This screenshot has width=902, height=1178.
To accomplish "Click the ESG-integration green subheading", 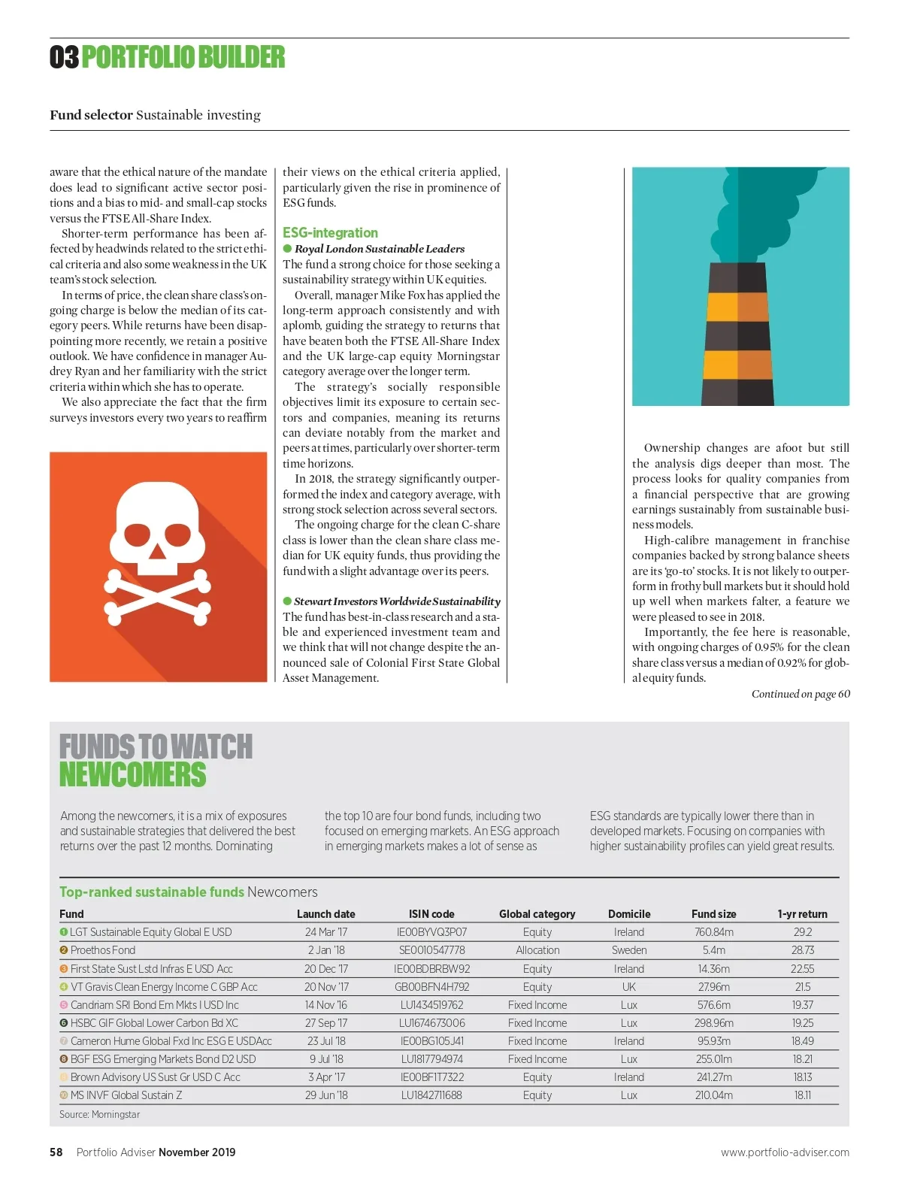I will (x=330, y=233).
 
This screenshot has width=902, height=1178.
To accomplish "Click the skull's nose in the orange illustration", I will (x=157, y=551).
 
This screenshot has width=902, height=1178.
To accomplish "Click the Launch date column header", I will (x=325, y=914).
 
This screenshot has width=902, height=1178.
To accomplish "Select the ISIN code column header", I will (x=431, y=914).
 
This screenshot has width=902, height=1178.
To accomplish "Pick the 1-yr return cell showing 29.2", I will (x=802, y=932).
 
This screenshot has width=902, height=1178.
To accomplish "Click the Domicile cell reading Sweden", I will (x=629, y=950).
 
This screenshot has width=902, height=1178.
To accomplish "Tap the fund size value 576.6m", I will (x=713, y=1005).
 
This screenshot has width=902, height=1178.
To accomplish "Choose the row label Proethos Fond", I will (x=103, y=950).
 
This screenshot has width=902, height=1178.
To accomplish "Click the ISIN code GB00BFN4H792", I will (x=431, y=987).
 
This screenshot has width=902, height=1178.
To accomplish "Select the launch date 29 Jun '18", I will (x=326, y=1095).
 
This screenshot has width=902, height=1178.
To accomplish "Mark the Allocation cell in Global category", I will (x=537, y=950).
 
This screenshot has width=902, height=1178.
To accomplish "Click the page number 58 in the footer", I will (x=56, y=1152).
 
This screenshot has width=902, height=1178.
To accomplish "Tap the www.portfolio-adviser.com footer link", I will (x=785, y=1152).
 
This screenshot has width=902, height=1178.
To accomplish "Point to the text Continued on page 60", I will (x=801, y=694).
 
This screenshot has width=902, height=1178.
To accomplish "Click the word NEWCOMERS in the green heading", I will (x=133, y=775).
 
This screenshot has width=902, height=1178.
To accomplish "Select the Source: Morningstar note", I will (x=100, y=1114).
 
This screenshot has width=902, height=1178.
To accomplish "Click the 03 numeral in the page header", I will (x=64, y=57).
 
